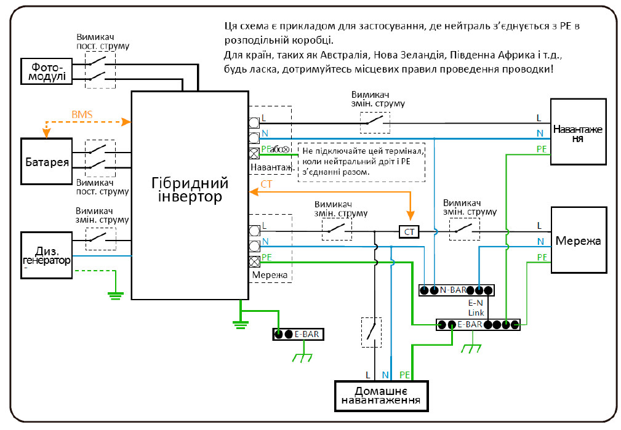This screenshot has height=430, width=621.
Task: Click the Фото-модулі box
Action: (x=46, y=71)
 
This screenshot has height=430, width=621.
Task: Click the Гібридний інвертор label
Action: (x=190, y=190)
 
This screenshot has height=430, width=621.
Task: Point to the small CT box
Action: (x=409, y=231)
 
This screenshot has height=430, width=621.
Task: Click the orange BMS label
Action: (x=82, y=114)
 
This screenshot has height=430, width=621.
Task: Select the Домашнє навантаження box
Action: (x=382, y=396)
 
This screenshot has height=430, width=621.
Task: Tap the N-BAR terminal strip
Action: (x=456, y=290)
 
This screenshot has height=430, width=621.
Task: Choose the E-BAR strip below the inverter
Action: (x=297, y=334)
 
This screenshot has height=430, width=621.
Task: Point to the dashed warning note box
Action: (x=362, y=162)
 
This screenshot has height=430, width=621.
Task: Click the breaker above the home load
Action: (x=371, y=332)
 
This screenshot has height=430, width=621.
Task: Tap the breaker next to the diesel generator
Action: (x=101, y=237)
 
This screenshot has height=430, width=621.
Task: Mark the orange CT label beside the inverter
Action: (x=266, y=184)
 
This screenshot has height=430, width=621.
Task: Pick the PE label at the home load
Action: (x=405, y=374)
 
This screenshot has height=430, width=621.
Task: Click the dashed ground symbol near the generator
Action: (x=114, y=294)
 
